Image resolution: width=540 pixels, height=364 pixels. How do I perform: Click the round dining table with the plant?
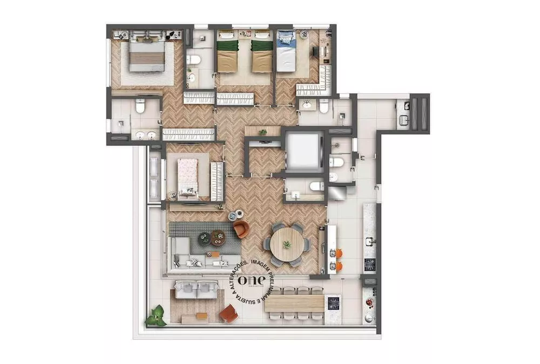coord(287,245)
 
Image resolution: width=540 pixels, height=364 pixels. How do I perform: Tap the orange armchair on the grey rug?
coord(241,229)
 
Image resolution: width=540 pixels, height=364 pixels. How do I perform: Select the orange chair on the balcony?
coord(230,313)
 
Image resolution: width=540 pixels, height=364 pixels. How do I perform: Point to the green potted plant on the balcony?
coord(156,316)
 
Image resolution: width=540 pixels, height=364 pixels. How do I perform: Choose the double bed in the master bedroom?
coord(147,56)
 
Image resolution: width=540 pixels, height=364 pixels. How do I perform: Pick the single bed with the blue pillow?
coord(286,52)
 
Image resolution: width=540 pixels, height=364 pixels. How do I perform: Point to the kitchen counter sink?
coord(370,240)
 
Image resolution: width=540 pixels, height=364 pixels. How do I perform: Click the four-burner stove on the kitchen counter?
coord(370,264)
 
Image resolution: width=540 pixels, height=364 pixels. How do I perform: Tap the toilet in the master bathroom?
coord(140,106)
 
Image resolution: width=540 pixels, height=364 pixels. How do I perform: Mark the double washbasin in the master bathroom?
coord(144,135)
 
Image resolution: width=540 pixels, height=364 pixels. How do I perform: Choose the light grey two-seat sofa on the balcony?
coord(197,291)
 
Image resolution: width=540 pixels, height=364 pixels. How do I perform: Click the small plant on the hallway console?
coord(263,132)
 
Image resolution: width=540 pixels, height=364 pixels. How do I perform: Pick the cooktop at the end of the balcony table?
coord(333,303)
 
